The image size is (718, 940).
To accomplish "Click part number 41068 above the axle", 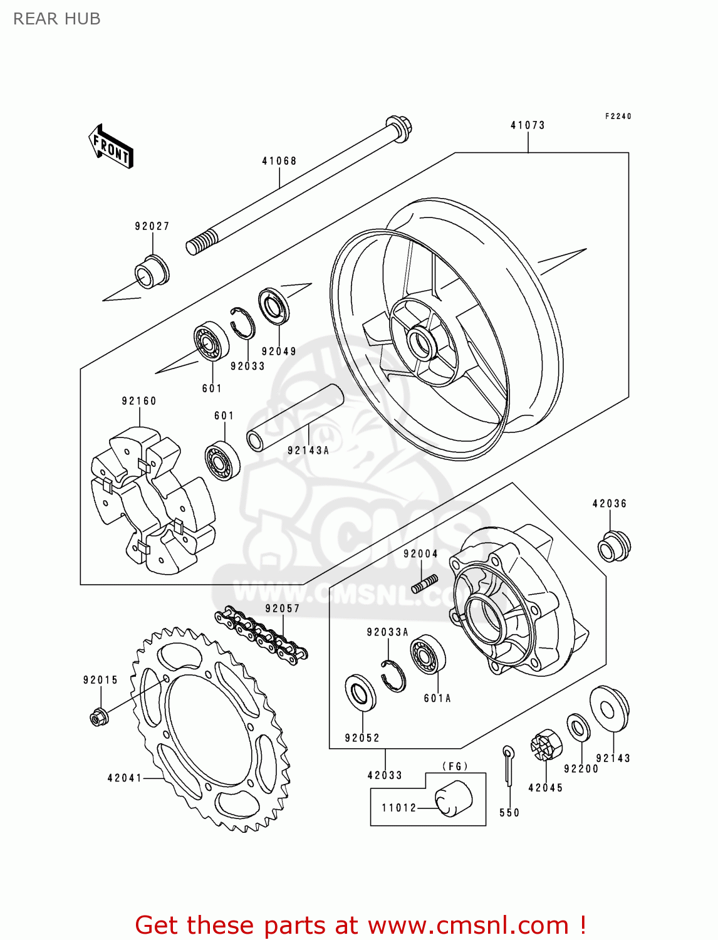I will pos(279,161).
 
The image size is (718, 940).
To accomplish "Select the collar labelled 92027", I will pos(150,272).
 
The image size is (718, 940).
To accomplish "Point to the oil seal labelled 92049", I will pos(274,306).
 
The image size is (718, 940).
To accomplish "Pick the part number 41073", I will pos(528,125).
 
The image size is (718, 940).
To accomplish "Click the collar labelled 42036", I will pos(613,546).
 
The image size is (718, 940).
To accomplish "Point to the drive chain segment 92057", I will pos(261,634).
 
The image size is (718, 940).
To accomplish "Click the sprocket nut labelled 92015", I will pos(98,716).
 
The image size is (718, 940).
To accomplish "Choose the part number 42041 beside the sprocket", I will pos(125,778).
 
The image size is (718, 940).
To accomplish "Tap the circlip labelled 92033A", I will pos(393,676).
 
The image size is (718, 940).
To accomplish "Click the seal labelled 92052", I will pos(360,693).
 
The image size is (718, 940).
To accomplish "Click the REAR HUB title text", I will pos(57,19).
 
